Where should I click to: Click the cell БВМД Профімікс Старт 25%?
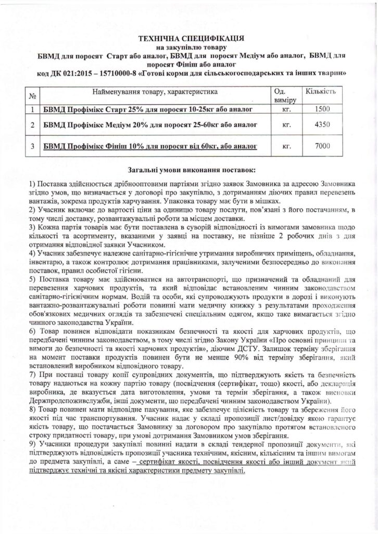click(x=148, y=110)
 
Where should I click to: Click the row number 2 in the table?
click(x=32, y=126)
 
